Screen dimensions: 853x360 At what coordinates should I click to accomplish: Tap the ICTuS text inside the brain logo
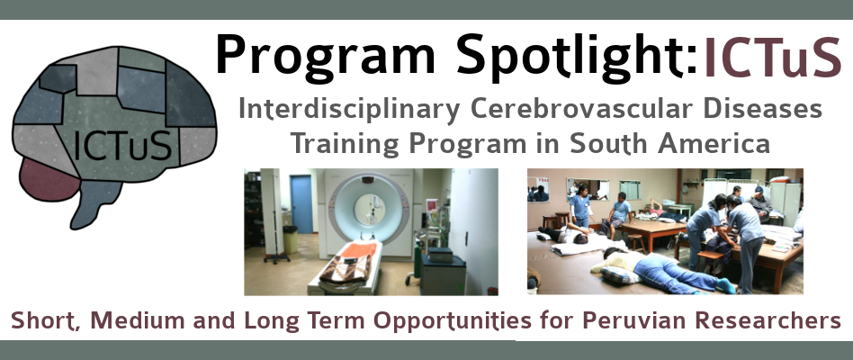(122, 145)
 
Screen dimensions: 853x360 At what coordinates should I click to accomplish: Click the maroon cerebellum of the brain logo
(48, 180)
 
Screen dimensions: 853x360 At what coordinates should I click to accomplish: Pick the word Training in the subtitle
(346, 144)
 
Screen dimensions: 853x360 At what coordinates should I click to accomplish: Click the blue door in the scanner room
(301, 204)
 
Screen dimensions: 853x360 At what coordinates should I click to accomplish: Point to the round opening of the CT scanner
(370, 210)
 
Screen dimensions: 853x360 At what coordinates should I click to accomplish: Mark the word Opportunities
(453, 321)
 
